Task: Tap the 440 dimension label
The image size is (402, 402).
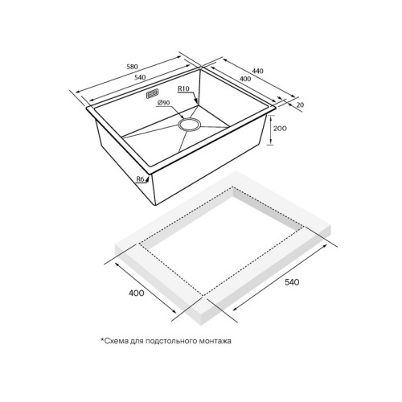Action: click(258, 72)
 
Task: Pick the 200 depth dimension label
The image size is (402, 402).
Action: click(281, 129)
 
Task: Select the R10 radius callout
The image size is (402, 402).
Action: click(183, 89)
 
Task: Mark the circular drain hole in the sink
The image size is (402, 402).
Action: click(191, 124)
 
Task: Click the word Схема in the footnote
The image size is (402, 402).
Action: click(119, 341)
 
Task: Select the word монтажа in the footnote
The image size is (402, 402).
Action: click(211, 341)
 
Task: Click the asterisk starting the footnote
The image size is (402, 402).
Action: click(103, 340)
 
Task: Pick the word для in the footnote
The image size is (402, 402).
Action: click(138, 341)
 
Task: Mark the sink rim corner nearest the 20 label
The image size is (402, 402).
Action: click(275, 104)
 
